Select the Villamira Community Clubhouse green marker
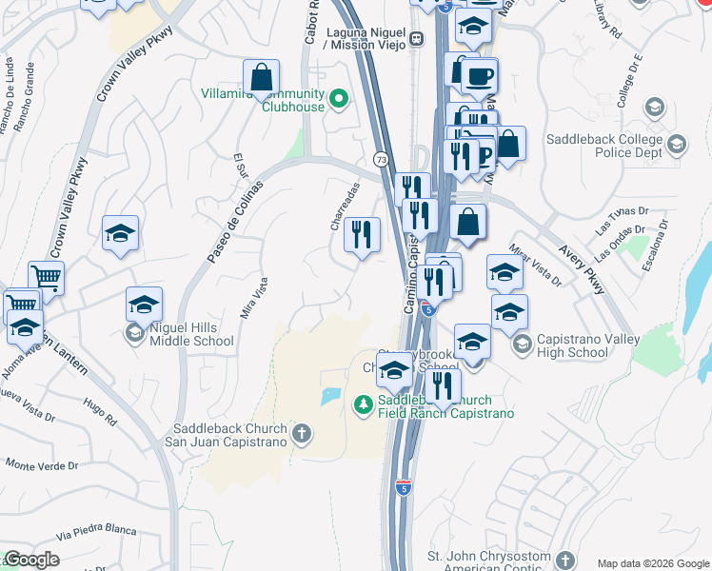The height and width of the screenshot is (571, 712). [337, 98]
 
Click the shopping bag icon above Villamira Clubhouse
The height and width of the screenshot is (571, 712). [261, 77]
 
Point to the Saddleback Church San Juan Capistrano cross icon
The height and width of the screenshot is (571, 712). [302, 435]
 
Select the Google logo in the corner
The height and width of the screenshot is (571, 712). [30, 560]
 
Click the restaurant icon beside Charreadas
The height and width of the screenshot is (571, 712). [362, 235]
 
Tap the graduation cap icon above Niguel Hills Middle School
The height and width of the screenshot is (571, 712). [144, 305]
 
